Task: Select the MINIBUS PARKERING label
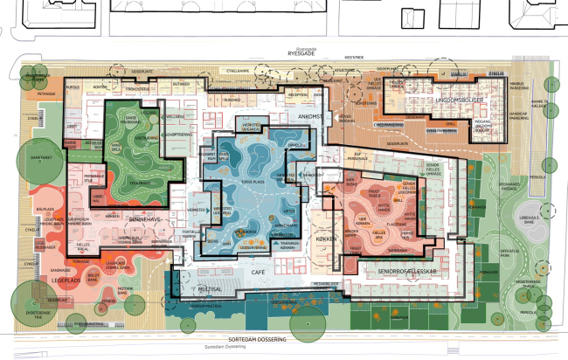521,87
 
